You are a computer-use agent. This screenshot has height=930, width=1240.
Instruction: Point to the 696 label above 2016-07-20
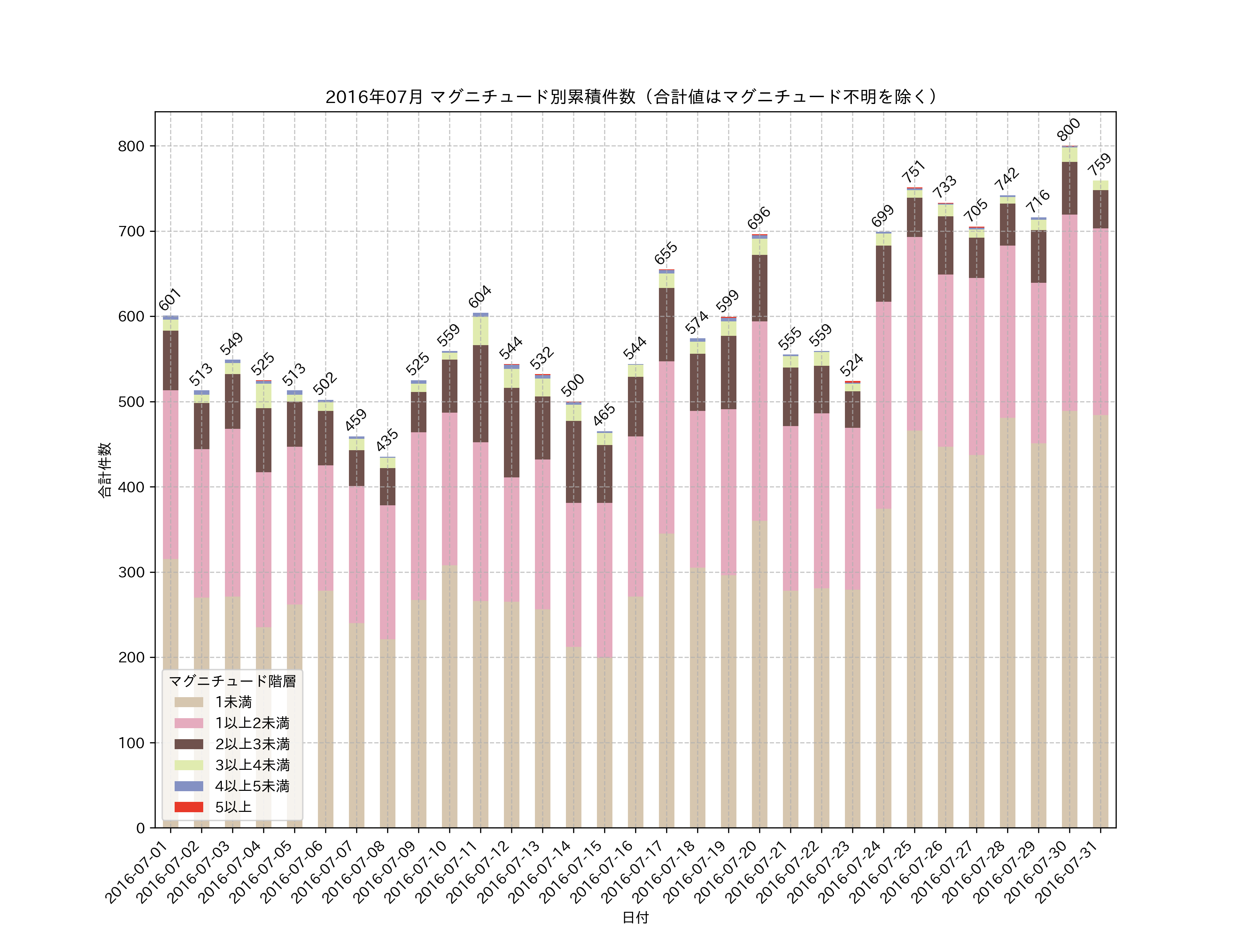(759, 218)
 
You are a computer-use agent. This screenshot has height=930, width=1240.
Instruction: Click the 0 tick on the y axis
(140, 828)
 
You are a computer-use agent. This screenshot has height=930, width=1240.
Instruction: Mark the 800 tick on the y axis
(131, 146)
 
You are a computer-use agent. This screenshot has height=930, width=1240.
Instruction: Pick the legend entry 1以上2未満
(252, 723)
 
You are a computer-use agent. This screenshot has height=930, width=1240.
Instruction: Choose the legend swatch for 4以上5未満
(188, 786)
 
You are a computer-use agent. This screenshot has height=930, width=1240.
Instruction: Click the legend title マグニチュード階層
(232, 681)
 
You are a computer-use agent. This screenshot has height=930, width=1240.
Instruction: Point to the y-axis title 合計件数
(105, 470)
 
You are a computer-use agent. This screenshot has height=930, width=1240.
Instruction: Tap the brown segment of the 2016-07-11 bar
(480, 393)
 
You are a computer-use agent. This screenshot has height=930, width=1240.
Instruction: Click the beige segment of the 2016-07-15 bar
(604, 740)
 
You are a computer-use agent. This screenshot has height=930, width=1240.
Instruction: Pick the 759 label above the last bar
(1099, 164)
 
